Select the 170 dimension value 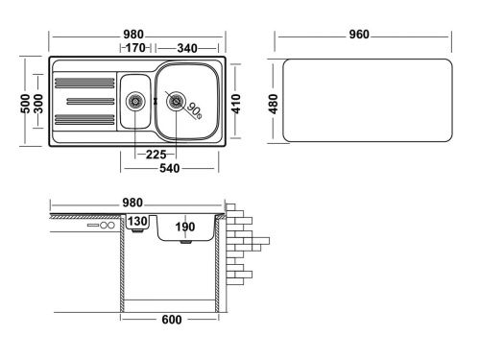pyautogui.click(x=133, y=47)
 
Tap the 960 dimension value pyautogui.click(x=359, y=36)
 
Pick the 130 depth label pyautogui.click(x=137, y=222)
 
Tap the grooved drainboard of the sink pyautogui.click(x=84, y=101)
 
